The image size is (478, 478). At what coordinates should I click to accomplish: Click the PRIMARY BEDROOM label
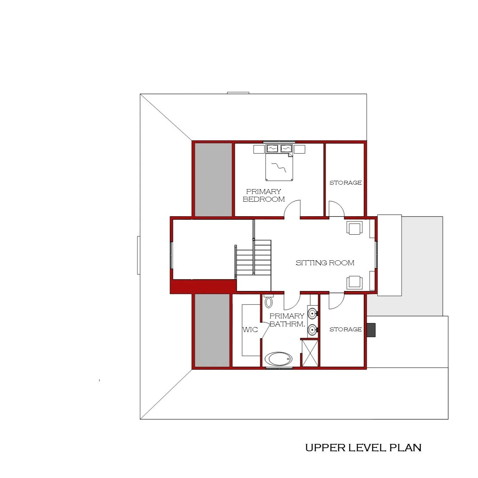tap(264, 195)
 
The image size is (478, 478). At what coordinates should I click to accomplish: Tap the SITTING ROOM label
tap(325, 263)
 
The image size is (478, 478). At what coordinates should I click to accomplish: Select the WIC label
tap(250, 330)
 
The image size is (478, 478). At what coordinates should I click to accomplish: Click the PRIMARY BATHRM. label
tap(287, 320)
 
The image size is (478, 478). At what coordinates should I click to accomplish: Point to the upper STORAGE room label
tap(345, 183)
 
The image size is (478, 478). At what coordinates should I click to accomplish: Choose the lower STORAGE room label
tap(345, 329)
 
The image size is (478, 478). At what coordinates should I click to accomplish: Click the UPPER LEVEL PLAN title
tap(363, 447)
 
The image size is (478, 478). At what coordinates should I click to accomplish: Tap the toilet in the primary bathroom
tap(269, 301)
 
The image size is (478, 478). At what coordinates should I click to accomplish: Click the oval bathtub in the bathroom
tap(278, 358)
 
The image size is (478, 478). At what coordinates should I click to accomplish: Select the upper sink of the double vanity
tap(313, 313)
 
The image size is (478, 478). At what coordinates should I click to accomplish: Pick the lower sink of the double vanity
tap(313, 330)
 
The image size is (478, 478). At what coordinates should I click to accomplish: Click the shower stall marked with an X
tap(310, 353)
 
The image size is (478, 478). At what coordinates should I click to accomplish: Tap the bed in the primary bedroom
tap(279, 167)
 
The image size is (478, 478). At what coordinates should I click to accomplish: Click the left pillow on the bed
tap(272, 149)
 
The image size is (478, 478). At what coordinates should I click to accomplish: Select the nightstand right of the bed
tap(299, 149)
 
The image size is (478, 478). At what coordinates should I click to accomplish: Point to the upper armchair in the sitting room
tap(355, 228)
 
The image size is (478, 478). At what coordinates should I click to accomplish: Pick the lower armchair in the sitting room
tap(355, 282)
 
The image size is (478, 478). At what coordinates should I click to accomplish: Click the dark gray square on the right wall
tap(371, 330)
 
